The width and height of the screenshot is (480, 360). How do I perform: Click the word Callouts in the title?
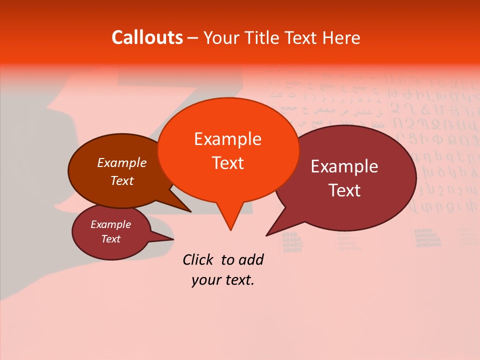(147, 37)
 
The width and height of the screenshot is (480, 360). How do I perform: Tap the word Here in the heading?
(342, 37)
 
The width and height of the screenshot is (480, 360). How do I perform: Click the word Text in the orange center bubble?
(227, 163)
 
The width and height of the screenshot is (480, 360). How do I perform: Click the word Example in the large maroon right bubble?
(344, 166)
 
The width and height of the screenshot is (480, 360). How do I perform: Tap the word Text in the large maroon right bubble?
(344, 190)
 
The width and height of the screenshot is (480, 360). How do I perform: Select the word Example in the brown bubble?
(122, 162)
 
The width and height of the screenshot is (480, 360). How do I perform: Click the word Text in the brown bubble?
(122, 180)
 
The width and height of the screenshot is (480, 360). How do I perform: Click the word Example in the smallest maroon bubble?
(110, 224)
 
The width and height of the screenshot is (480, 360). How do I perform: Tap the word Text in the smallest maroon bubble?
(110, 239)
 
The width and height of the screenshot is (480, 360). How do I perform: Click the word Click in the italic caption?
(198, 259)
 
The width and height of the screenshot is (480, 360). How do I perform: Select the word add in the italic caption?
(250, 259)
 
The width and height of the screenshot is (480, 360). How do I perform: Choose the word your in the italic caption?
(205, 280)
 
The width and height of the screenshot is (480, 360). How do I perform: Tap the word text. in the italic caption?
(238, 280)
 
